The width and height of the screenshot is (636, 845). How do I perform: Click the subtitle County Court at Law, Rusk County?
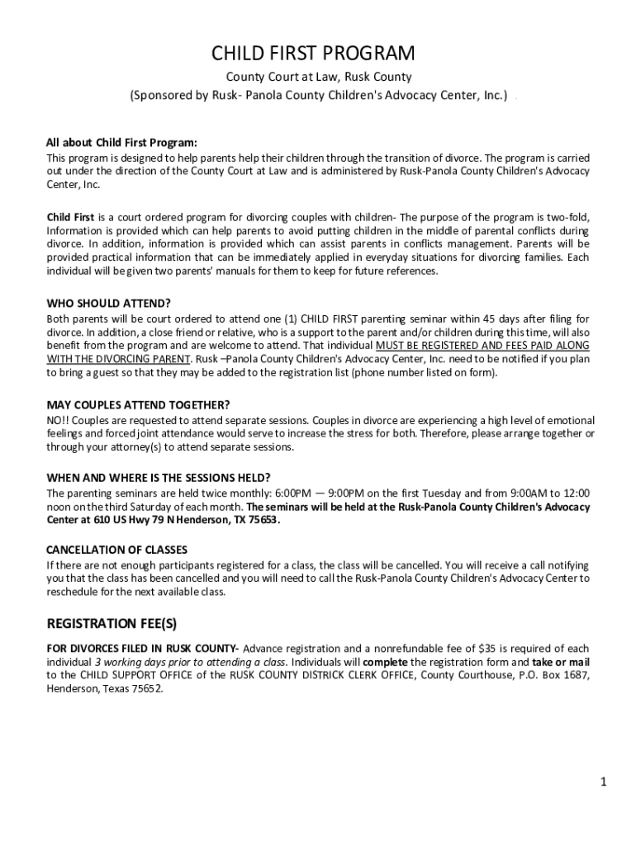(x=319, y=78)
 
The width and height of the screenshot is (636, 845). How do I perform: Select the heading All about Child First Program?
(x=121, y=141)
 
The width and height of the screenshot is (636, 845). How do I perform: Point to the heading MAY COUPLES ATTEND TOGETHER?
(x=138, y=405)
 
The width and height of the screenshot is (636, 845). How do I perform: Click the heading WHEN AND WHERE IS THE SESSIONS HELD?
(x=159, y=478)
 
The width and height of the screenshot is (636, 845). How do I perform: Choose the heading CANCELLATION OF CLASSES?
(x=116, y=550)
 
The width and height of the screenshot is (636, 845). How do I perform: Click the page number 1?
(x=604, y=781)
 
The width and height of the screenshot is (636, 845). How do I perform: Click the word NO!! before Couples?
(x=58, y=419)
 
